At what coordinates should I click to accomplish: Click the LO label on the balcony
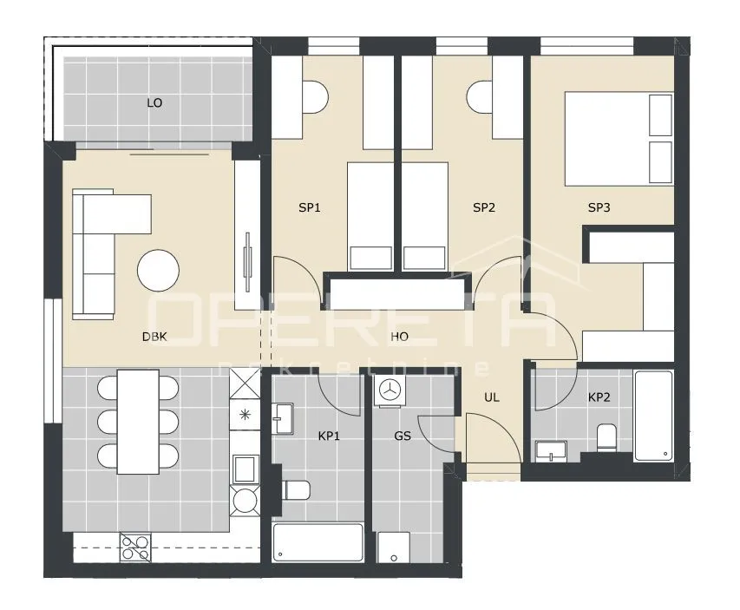[x=154, y=103]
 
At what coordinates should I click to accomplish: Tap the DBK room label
[x=154, y=337]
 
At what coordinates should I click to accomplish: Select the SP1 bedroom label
[x=310, y=207]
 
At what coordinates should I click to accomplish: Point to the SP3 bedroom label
[x=599, y=207]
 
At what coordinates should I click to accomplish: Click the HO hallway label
[x=399, y=337]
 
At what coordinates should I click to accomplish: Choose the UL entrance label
[x=491, y=397]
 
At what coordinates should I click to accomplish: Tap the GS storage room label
[x=402, y=436]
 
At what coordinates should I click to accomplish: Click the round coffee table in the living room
[x=158, y=271]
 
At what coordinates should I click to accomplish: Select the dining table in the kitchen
[x=138, y=422]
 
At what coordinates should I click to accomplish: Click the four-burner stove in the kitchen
[x=135, y=547]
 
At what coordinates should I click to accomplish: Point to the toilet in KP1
[x=296, y=490]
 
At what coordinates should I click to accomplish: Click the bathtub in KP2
[x=653, y=416]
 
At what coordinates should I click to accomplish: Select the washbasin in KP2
[x=551, y=451]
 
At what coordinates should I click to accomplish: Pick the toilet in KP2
[x=606, y=437]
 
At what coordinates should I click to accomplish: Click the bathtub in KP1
[x=318, y=542]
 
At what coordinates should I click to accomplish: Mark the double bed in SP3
[x=619, y=138]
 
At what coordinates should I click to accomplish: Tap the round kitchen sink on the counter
[x=245, y=501]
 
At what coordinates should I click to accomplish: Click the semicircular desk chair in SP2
[x=480, y=97]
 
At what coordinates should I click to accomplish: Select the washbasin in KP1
[x=283, y=418]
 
